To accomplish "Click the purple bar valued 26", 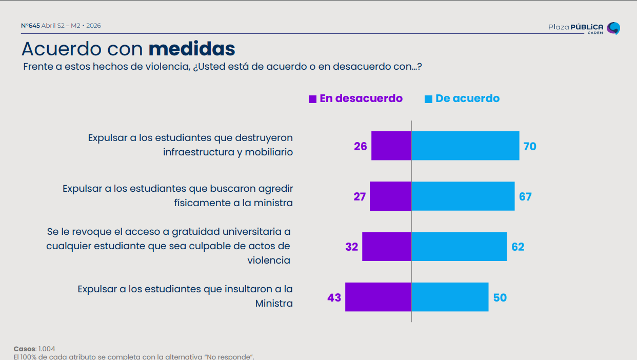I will [x=391, y=146].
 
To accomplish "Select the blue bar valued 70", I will [x=465, y=146].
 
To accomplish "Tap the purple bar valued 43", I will [x=378, y=297].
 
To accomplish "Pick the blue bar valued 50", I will [x=450, y=297].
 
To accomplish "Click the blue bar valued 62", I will [x=459, y=247].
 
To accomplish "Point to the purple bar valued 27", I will [x=390, y=196].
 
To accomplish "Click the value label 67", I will [x=525, y=196].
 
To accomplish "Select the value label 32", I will [x=351, y=247].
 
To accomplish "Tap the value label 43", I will [x=334, y=297].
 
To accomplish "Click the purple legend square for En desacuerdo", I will [x=312, y=99].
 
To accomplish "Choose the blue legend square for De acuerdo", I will [x=428, y=99].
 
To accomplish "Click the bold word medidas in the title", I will [x=192, y=49].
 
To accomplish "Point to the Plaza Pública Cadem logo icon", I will [x=613, y=28].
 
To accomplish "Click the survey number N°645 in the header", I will [x=30, y=26].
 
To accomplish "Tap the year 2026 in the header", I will [x=94, y=26].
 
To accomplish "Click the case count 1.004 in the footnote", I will [x=47, y=349].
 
